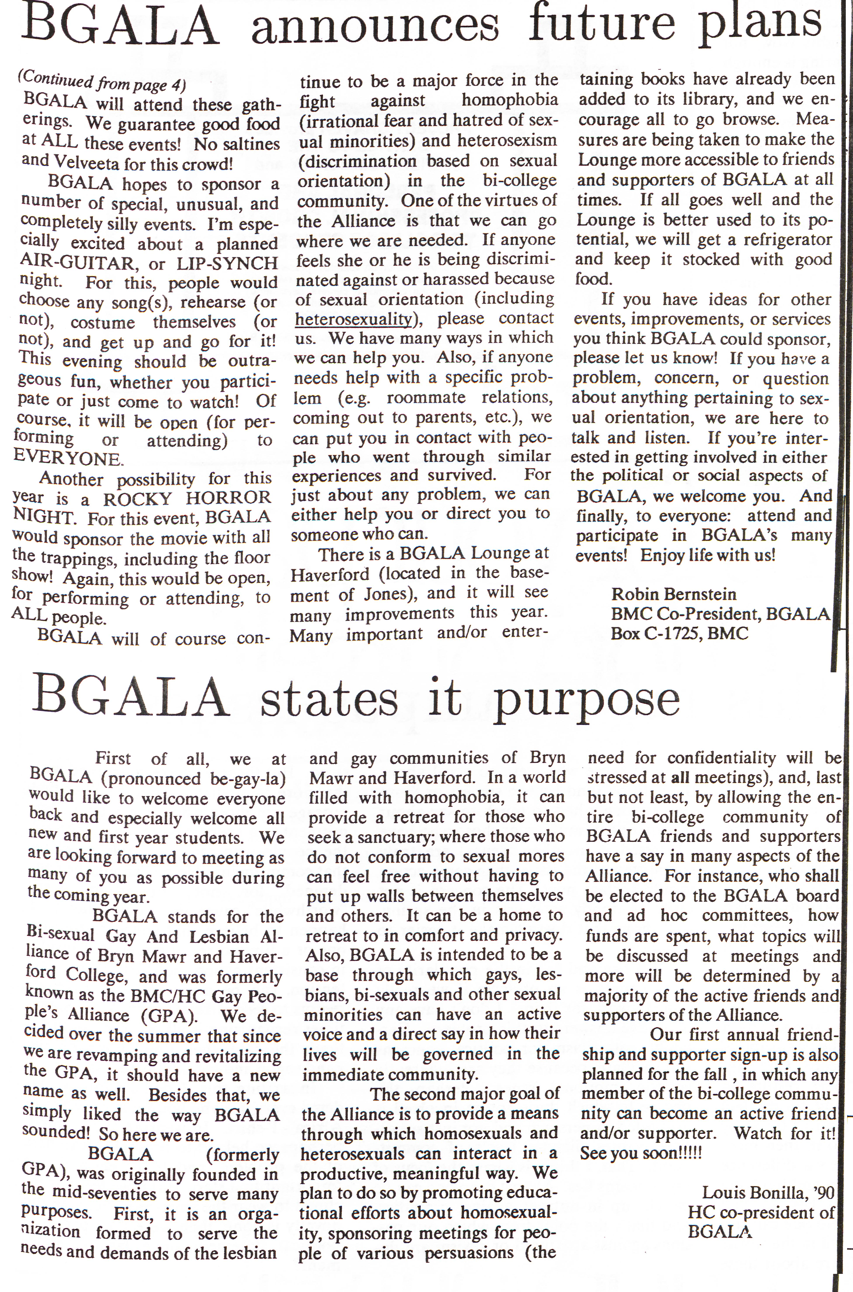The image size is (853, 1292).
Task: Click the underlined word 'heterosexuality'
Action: (354, 319)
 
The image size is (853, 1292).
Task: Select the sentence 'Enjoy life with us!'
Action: (707, 556)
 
